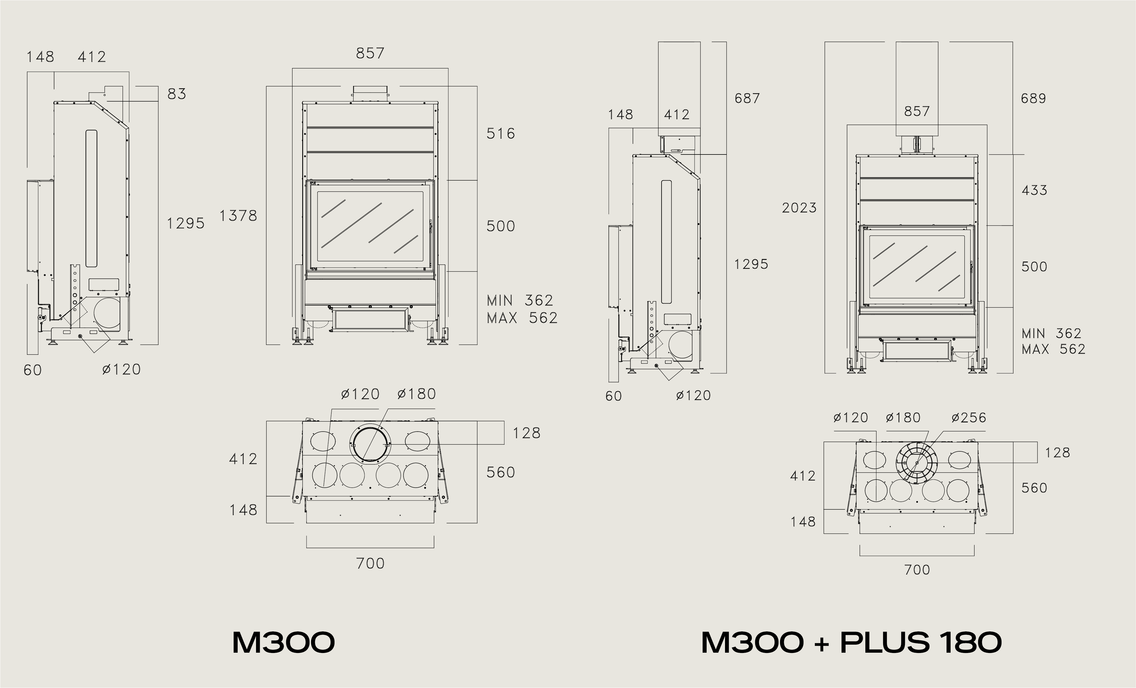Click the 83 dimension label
177,94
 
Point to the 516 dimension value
501,134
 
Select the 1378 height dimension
238,216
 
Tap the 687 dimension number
747,98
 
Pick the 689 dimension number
1033,98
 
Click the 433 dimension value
1034,190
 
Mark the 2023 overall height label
799,208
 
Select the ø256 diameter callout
969,418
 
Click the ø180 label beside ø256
903,418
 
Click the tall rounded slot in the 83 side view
91,198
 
